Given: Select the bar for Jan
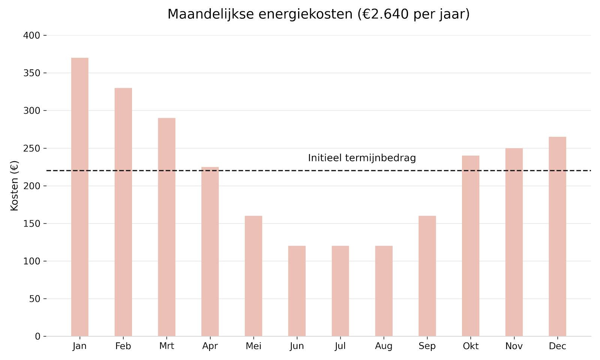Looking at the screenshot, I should click(x=79, y=197).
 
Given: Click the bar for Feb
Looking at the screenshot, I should click(x=123, y=212).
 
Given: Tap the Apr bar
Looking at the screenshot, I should click(x=210, y=251).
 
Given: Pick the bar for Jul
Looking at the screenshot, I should click(x=340, y=291).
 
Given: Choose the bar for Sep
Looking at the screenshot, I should click(x=427, y=276).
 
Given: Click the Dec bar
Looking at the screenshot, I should click(x=557, y=236).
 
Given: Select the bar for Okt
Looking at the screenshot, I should click(x=470, y=246).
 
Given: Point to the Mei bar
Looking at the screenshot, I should click(x=253, y=276).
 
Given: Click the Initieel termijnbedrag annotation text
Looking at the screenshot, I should click(x=362, y=158).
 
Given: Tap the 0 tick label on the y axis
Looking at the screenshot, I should click(x=37, y=336).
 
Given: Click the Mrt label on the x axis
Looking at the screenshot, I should click(x=166, y=346).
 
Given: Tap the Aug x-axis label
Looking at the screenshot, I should click(x=384, y=346).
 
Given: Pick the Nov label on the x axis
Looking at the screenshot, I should click(x=514, y=346).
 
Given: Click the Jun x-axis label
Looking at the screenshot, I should click(x=297, y=346).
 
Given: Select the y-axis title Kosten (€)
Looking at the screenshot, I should click(x=14, y=186).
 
